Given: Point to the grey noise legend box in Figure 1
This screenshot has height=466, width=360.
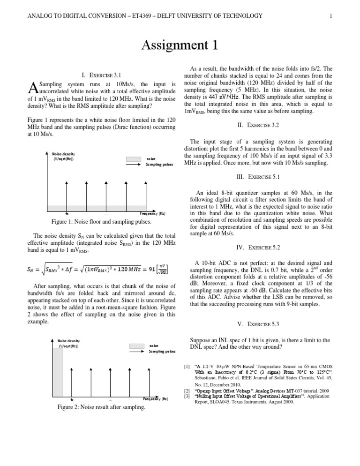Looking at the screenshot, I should pos(133,158).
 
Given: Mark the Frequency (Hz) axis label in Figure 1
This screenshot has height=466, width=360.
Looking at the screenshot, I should pos(152,213).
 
